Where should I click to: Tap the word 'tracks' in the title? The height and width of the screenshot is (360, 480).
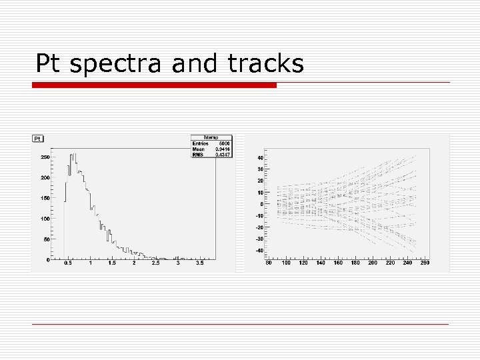coord(266,64)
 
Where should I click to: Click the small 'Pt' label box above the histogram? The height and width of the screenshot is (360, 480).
coord(38,138)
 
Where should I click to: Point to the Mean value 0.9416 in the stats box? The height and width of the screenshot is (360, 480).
coord(222,149)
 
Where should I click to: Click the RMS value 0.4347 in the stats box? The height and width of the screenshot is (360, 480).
coord(222,154)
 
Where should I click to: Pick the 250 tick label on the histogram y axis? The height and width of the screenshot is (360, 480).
coord(45,157)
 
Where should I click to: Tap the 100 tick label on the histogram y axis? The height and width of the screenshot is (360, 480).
coord(45,219)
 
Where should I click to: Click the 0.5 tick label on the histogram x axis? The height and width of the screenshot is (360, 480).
coord(68,263)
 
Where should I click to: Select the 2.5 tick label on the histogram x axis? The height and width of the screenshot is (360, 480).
coord(155,263)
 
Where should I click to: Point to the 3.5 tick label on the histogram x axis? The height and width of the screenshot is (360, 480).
coord(199,263)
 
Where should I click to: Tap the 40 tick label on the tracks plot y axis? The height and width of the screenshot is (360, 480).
coord(259,158)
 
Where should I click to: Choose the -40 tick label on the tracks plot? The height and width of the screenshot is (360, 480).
coord(259,251)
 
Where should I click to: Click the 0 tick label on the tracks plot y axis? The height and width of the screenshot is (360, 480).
coord(261,204)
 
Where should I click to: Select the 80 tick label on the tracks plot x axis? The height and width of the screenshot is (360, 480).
coord(269,263)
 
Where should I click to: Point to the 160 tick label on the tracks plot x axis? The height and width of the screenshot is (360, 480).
coord(338,263)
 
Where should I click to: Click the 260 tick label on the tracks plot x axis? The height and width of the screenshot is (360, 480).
coord(425,263)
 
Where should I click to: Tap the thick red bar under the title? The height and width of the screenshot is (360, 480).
coord(154,85)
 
